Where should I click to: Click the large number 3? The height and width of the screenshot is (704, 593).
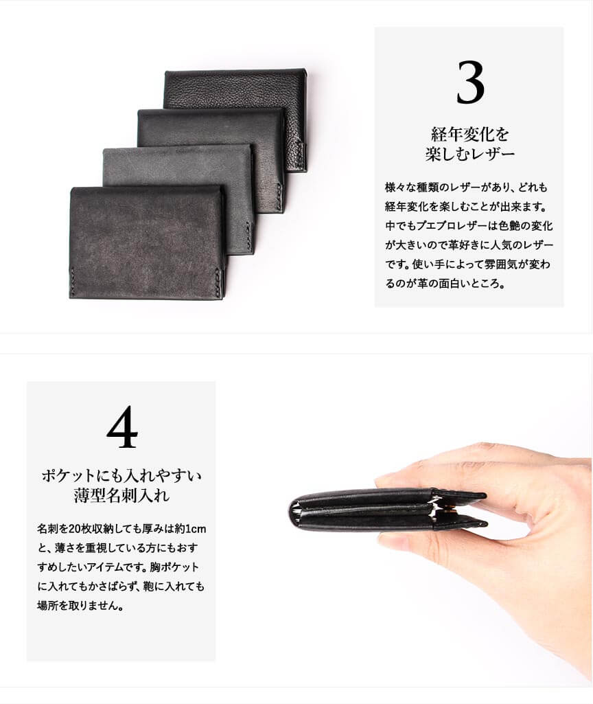click(470, 82)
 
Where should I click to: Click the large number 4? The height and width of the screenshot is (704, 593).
click(122, 427)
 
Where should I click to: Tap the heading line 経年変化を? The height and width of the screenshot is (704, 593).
click(469, 133)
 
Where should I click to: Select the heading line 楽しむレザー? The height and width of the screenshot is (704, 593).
click(469, 154)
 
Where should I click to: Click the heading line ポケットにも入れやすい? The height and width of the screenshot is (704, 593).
click(121, 475)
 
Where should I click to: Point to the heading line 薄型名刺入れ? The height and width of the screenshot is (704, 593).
click(121, 495)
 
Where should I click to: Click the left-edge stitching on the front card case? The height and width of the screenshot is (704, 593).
click(71, 283)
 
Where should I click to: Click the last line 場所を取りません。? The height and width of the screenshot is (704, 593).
click(80, 606)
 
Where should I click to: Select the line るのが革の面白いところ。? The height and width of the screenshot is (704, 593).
click(445, 284)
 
